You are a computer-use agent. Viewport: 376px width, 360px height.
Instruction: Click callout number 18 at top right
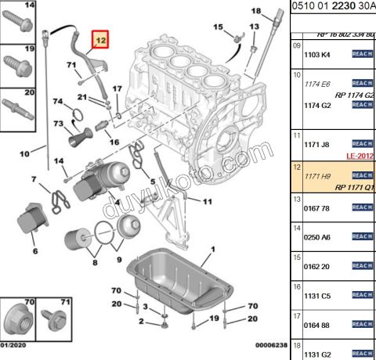click(255, 11)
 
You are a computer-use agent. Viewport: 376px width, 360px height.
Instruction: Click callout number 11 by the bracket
click(207, 201)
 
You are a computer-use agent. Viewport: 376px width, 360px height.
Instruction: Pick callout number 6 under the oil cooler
click(34, 251)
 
